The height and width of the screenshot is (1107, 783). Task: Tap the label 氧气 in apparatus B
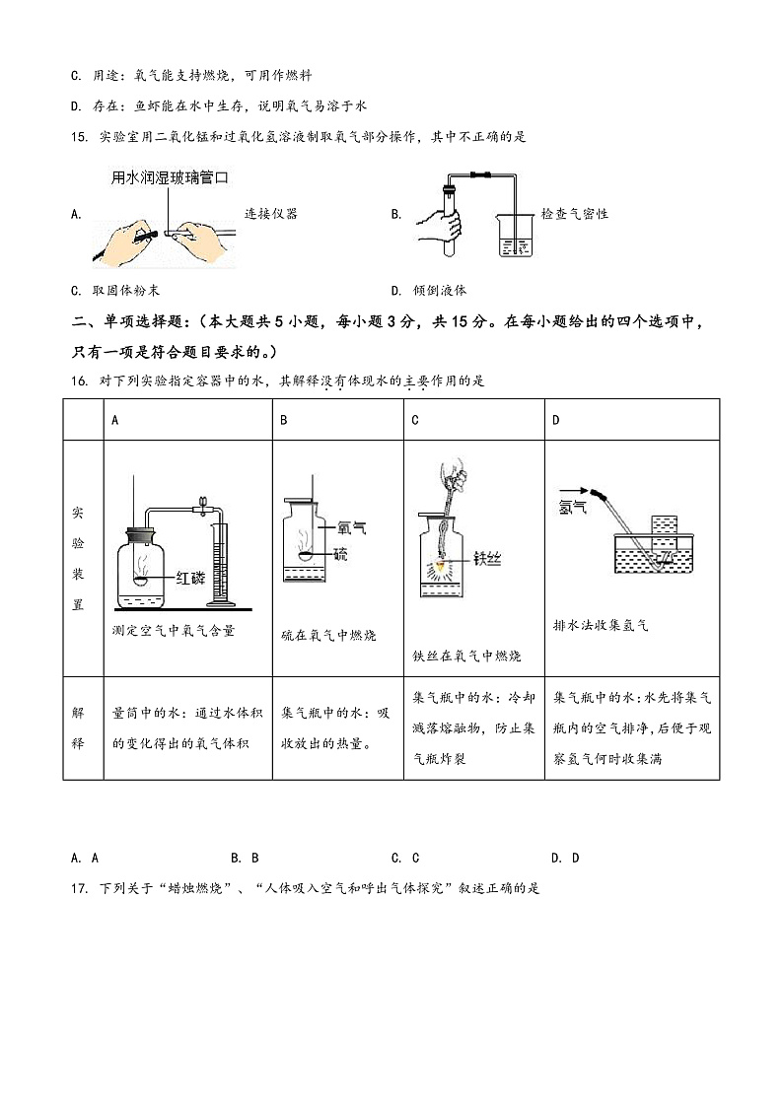pyautogui.click(x=352, y=528)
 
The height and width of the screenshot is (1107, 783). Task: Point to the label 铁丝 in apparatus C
pyautogui.click(x=487, y=559)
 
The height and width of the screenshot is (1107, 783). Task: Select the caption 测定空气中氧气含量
pyautogui.click(x=175, y=631)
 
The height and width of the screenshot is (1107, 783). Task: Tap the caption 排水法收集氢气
pyautogui.click(x=602, y=625)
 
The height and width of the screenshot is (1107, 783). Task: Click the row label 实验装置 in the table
pyautogui.click(x=78, y=558)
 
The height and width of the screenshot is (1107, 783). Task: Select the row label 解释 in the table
pyautogui.click(x=78, y=727)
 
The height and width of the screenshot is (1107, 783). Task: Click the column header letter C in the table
pyautogui.click(x=415, y=420)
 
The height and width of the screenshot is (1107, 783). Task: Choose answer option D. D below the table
pyautogui.click(x=565, y=858)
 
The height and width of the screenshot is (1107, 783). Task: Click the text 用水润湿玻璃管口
pyautogui.click(x=170, y=178)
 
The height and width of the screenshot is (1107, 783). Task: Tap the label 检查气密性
pyautogui.click(x=575, y=214)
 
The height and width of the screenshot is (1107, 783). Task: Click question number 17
pyautogui.click(x=81, y=888)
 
